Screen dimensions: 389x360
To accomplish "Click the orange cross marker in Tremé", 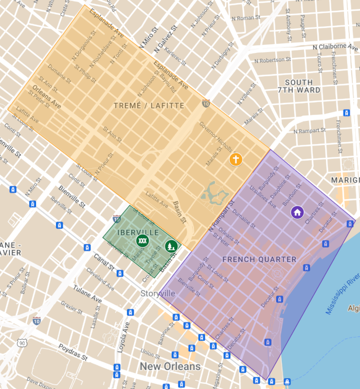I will point(236,160).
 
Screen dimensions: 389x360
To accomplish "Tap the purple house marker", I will point(297,212).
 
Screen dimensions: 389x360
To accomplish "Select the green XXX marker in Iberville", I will point(142,240).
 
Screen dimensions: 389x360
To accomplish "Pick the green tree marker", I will point(171,246).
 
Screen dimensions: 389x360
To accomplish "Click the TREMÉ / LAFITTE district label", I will point(149,105).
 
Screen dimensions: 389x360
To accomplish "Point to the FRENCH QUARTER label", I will point(259,259).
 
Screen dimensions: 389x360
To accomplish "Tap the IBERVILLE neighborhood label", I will point(138,233).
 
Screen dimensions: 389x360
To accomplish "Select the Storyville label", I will point(158,293).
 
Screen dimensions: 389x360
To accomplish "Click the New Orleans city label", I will point(170,366).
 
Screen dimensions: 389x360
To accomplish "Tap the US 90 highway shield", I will point(21,343).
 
